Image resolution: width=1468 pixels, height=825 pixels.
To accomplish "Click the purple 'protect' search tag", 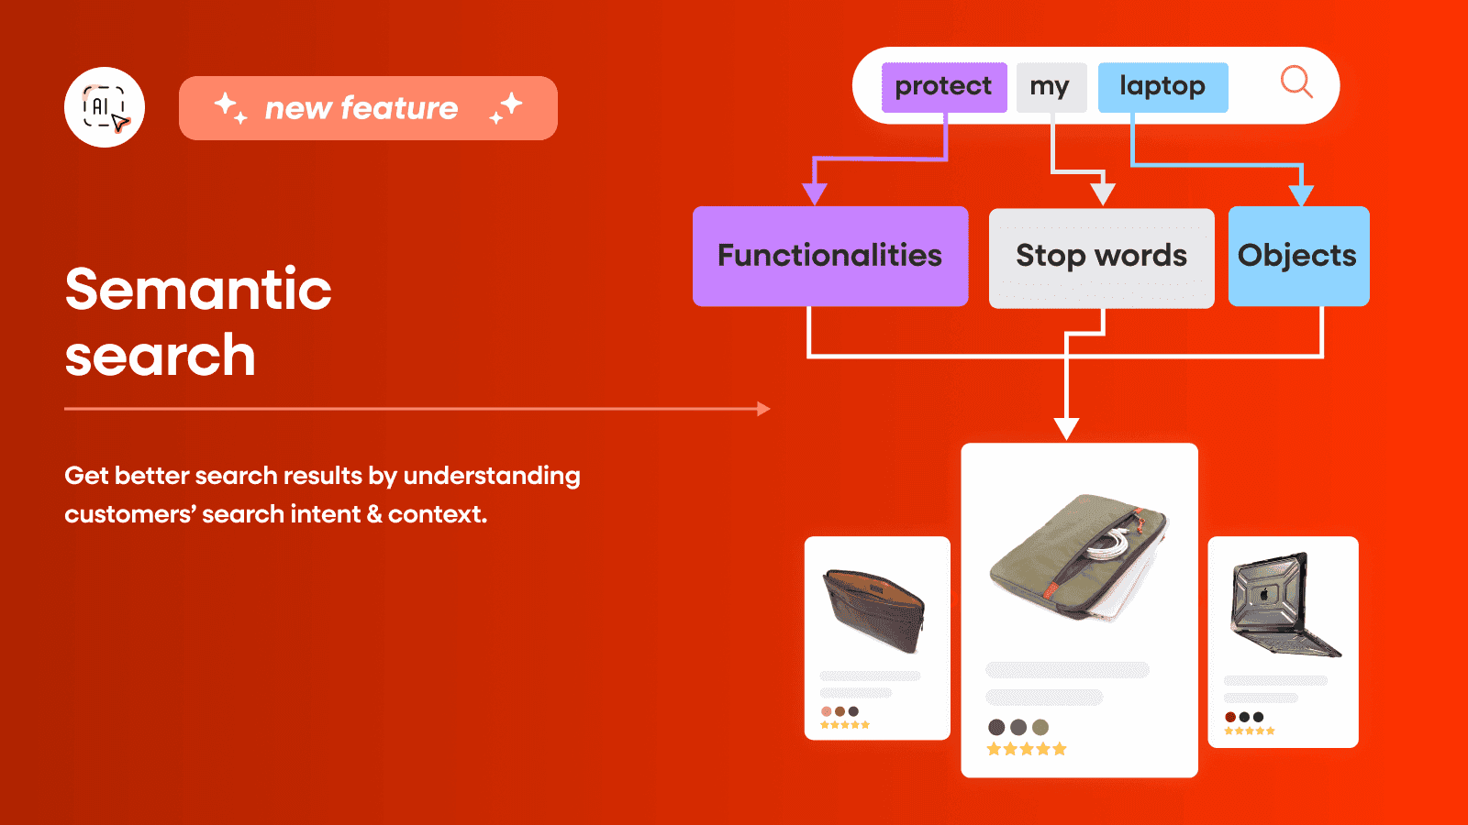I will [943, 87].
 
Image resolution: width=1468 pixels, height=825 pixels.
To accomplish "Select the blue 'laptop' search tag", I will [1162, 87].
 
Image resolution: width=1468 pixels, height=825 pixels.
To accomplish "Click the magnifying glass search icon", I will [1296, 82].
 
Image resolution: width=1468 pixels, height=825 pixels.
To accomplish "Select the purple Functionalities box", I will [829, 256].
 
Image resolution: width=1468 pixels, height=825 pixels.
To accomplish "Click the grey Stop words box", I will [1101, 257].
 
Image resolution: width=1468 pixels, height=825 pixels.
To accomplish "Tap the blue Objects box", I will [1297, 256].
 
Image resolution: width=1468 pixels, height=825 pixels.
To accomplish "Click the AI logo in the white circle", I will [105, 107].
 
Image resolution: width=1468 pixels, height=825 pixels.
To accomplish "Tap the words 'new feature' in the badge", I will [361, 108].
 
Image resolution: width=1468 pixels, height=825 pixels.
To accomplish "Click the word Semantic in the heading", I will [198, 290].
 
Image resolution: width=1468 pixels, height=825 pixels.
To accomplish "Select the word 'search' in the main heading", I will [161, 357].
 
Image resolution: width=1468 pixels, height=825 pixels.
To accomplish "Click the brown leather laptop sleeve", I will [874, 610].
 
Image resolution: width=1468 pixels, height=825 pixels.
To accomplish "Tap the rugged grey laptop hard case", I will [1282, 605].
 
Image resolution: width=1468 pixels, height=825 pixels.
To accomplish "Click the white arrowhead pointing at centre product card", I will [1066, 428].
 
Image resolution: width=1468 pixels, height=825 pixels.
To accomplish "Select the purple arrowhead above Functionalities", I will [815, 193].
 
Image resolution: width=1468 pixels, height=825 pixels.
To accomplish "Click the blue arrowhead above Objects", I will [1301, 195].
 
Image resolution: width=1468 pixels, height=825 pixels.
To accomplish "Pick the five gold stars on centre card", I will [1026, 749].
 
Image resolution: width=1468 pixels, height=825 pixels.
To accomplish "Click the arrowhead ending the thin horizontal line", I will [763, 409].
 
